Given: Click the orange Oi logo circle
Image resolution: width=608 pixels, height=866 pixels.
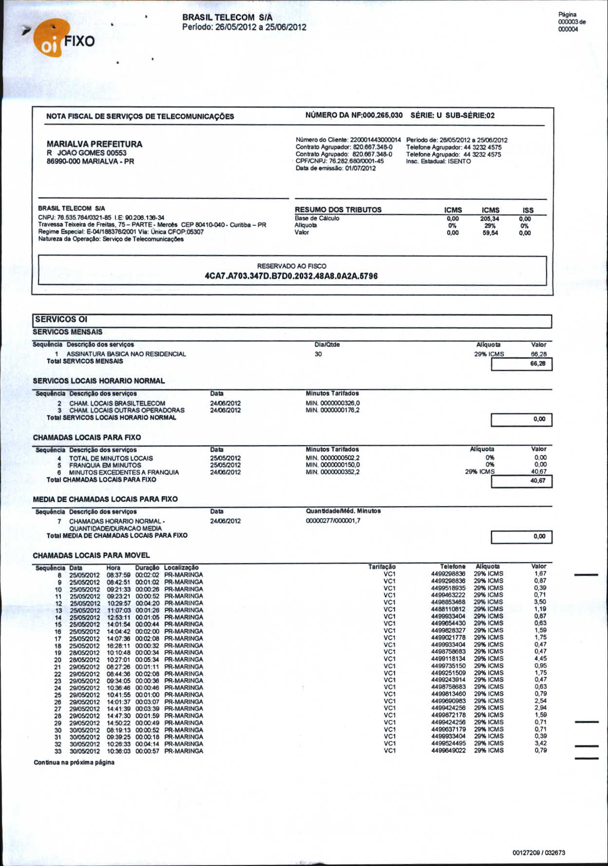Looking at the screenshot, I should point(48,42).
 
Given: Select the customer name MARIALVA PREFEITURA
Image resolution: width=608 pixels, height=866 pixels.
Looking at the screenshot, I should point(95,144).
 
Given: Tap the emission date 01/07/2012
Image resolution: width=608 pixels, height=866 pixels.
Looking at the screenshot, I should point(360,168).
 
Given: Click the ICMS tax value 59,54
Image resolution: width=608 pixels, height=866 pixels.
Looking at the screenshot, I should point(490,233).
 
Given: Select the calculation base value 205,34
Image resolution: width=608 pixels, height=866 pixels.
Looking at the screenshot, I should point(490,219).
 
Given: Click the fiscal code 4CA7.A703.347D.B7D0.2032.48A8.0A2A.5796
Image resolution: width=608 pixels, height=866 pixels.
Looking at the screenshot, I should point(291,276).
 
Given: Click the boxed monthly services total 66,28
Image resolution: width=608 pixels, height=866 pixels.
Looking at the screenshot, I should point(538,364).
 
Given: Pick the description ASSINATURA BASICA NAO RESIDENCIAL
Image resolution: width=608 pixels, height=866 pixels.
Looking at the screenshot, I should point(126,354).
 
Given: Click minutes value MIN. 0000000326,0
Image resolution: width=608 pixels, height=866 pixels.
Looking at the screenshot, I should point(333,403).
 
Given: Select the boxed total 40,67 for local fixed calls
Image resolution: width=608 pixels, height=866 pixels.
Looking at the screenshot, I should point(538,481).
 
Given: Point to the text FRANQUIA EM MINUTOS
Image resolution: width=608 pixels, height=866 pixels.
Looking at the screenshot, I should point(105,465).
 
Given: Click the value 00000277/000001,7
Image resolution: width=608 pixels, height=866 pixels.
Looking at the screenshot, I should point(333,521).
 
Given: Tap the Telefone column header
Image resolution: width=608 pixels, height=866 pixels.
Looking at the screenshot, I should point(453,567).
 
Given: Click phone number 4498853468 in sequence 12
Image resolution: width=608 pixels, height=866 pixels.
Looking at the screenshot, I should point(448,602).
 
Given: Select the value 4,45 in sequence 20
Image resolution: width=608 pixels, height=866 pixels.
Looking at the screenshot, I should point(540,659).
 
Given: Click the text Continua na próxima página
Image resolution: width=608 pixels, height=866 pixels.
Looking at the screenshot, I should point(74,762).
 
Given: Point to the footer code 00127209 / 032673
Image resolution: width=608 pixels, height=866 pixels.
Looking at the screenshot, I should point(539,852).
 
